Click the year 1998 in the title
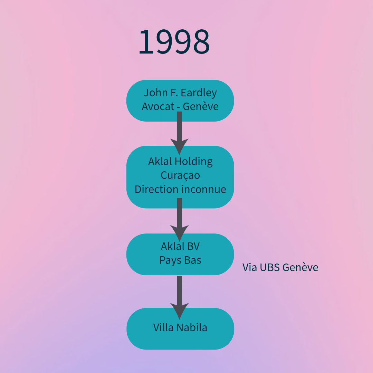(174, 42)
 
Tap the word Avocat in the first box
(157, 106)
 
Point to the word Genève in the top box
(201, 106)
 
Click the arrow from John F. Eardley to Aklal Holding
(179, 133)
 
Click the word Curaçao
(180, 175)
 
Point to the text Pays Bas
(180, 260)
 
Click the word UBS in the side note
(269, 267)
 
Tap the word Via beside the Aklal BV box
(249, 267)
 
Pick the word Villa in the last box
(163, 327)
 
